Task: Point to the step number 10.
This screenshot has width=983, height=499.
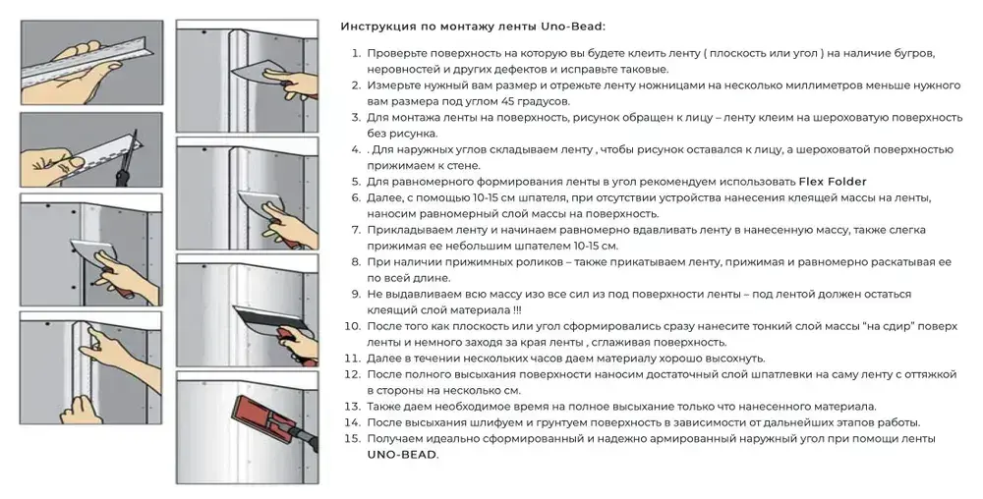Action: (x=351, y=325)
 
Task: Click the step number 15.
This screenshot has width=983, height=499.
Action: (x=351, y=438)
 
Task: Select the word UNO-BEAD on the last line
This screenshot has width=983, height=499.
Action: (x=402, y=455)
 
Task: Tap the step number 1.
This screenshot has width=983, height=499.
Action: (x=355, y=51)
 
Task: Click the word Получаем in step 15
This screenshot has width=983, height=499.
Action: (x=398, y=438)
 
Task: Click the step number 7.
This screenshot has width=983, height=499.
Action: (x=355, y=229)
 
